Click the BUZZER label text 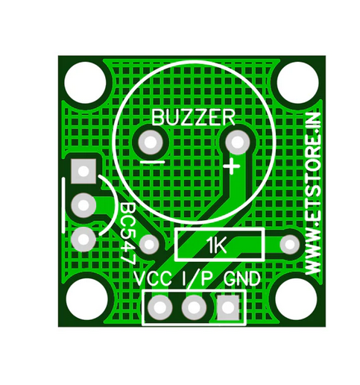[193, 116]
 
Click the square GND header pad [229, 306]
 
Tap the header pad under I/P [194, 306]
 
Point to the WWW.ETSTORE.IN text [314, 193]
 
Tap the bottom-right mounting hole [296, 301]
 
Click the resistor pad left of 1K [151, 244]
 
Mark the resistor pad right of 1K [288, 244]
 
